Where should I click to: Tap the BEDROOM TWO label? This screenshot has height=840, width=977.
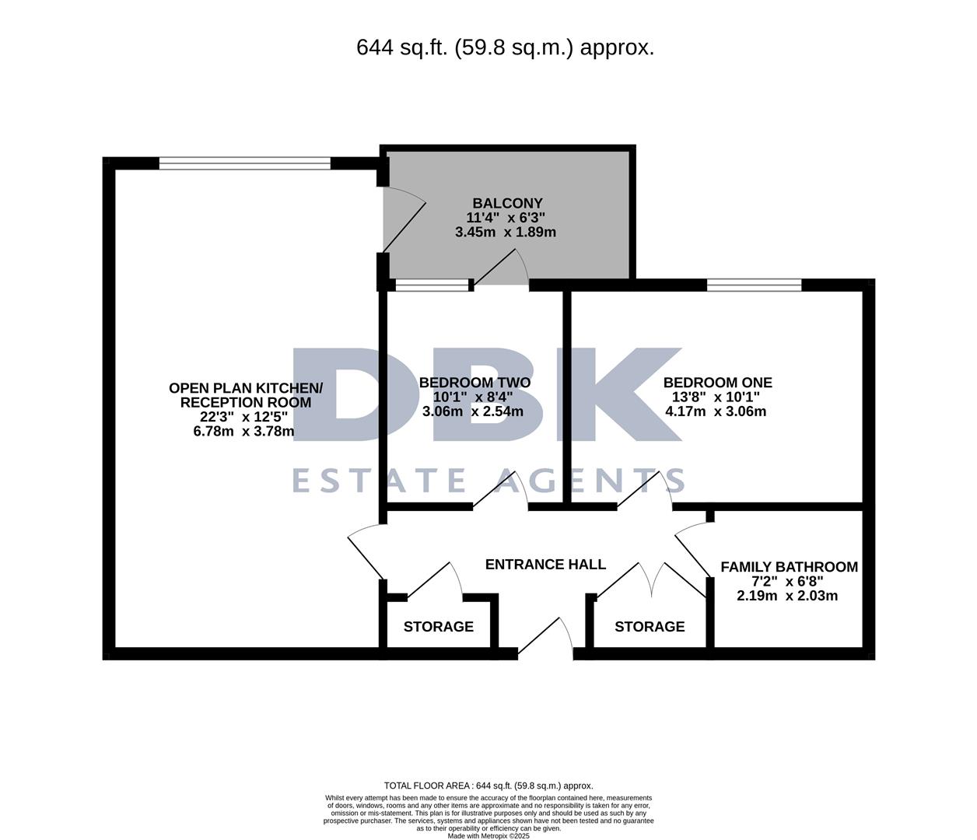point(474,383)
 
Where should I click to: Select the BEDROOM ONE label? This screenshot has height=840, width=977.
point(717,383)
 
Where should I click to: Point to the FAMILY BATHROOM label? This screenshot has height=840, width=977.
point(789,567)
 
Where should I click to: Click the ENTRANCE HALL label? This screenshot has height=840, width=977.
point(545,565)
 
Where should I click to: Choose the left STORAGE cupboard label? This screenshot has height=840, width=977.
point(438,627)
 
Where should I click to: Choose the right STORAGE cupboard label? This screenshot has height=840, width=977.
point(650,627)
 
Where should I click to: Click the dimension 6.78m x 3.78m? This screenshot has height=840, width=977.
point(243,432)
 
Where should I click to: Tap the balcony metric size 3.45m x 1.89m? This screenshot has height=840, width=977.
point(506,232)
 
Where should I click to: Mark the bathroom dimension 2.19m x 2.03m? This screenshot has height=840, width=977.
point(787,596)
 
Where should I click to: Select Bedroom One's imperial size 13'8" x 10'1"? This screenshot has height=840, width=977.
point(716,397)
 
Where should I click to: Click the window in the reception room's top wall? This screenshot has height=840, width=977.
point(245,163)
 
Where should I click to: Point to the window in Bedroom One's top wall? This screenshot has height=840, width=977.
point(754,285)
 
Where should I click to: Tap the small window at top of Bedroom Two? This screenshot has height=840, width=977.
point(433,285)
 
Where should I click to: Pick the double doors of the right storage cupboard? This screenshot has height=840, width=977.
point(650,579)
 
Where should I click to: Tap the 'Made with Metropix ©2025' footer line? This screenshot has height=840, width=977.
point(488,836)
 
